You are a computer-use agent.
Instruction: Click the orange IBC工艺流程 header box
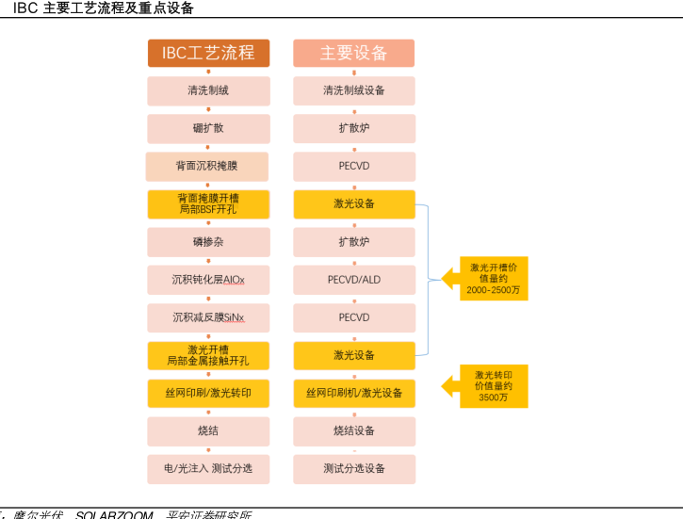(x=208, y=54)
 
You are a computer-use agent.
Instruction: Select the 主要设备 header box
(x=353, y=54)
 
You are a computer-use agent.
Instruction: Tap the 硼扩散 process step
(x=208, y=128)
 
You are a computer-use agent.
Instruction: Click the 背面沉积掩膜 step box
(x=207, y=166)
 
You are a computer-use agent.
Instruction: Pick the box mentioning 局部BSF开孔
(x=208, y=203)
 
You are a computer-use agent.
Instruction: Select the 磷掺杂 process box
(x=208, y=242)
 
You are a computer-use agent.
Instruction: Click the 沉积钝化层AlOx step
(x=208, y=280)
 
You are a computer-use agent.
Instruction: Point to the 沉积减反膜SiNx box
(x=208, y=317)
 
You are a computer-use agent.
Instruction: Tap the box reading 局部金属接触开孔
(x=208, y=355)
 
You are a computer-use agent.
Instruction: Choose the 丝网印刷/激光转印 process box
(x=208, y=393)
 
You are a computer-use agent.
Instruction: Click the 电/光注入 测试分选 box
(x=208, y=468)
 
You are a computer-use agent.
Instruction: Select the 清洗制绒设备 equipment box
(x=353, y=90)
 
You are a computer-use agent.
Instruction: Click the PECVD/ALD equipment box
(x=353, y=280)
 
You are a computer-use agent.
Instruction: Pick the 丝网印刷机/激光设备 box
(x=353, y=393)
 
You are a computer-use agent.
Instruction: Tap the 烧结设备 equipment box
(x=353, y=430)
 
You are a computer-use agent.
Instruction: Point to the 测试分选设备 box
(x=353, y=468)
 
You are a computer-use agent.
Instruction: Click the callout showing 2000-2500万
(x=493, y=280)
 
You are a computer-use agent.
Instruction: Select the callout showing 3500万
(x=493, y=386)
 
